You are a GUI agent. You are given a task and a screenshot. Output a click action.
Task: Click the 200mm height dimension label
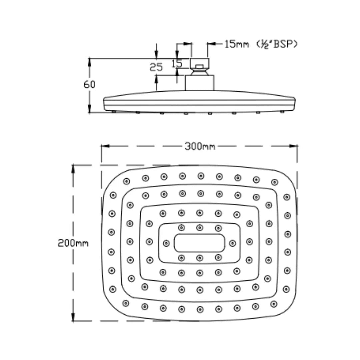pyautogui.click(x=73, y=243)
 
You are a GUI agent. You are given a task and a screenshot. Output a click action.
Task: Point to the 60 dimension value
pyautogui.click(x=89, y=85)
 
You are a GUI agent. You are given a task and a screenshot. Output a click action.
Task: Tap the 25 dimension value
pyautogui.click(x=156, y=67)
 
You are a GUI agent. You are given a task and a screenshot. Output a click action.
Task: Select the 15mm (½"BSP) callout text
pyautogui.click(x=260, y=44)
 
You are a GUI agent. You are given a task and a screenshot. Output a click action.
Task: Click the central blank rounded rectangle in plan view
pyautogui.click(x=200, y=243)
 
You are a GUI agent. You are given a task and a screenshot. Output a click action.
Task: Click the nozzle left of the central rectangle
pyautogui.click(x=166, y=243)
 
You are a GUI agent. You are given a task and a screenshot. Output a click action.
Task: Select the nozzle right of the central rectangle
pyautogui.click(x=232, y=243)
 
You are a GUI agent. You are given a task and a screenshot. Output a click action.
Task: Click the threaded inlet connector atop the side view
pyautogui.click(x=199, y=63)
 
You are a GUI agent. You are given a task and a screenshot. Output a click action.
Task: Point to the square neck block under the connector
pyautogui.click(x=199, y=83)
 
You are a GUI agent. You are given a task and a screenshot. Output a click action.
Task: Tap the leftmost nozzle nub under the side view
pyautogui.click(x=114, y=112)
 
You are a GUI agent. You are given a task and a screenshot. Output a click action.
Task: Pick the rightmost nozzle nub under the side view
pyautogui.click(x=282, y=112)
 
